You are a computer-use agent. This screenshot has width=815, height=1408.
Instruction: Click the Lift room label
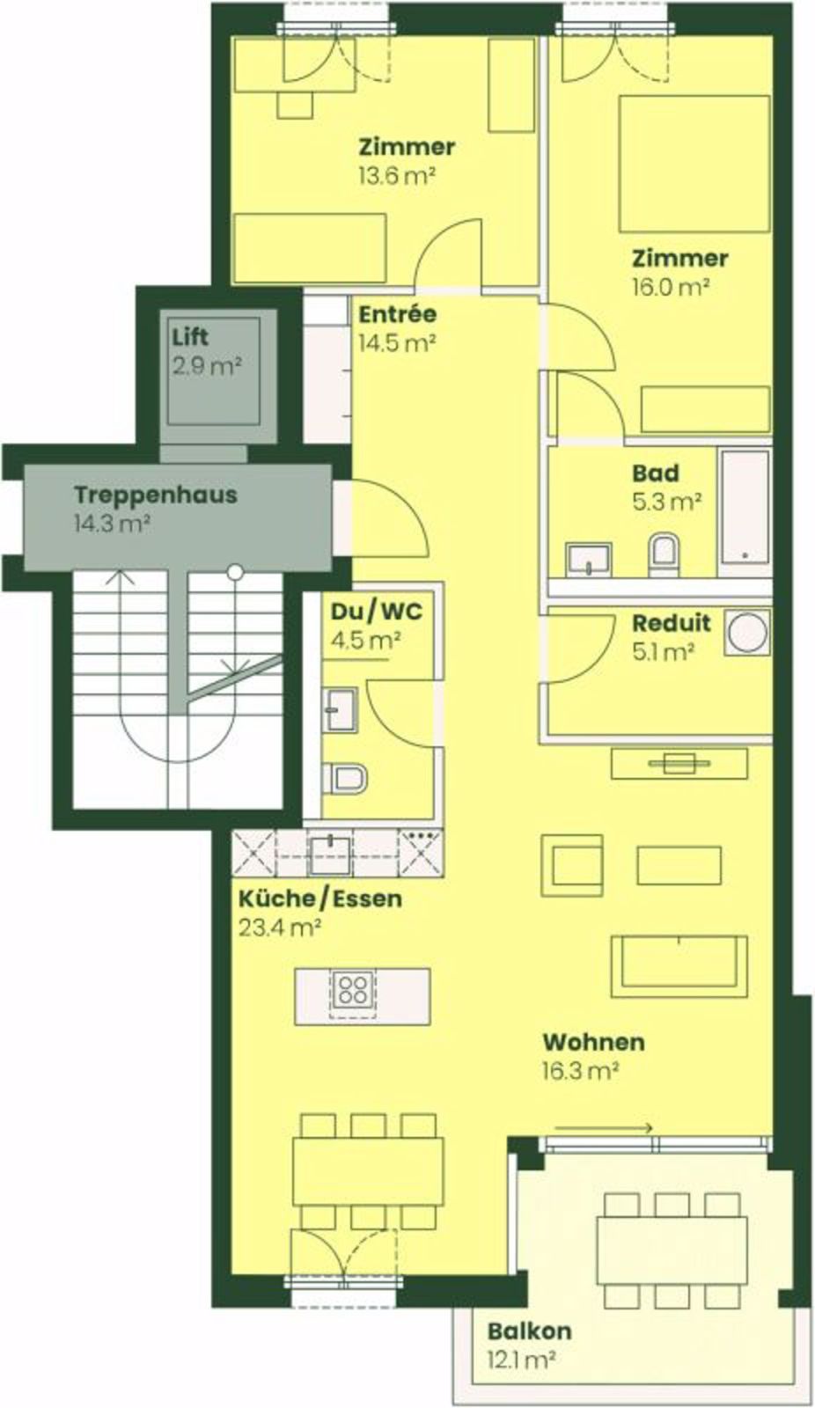pyautogui.click(x=190, y=337)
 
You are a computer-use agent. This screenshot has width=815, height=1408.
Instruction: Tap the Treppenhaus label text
pyautogui.click(x=155, y=495)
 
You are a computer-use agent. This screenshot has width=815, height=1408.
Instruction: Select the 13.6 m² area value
pyautogui.click(x=397, y=175)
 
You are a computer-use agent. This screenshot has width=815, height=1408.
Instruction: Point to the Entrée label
pyautogui.click(x=397, y=313)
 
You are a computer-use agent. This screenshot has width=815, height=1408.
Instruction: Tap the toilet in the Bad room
pyautogui.click(x=664, y=555)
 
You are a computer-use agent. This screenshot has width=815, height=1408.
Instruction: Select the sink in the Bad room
pyautogui.click(x=589, y=560)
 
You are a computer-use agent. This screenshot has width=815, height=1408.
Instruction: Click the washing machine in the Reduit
pyautogui.click(x=747, y=632)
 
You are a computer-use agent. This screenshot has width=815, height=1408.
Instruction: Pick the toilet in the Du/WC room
pyautogui.click(x=344, y=778)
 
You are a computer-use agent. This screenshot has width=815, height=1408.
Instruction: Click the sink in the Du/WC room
pyautogui.click(x=340, y=709)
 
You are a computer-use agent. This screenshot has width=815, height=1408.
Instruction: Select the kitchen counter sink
pyautogui.click(x=329, y=855)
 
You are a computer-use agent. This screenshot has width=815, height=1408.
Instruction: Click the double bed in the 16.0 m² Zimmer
pyautogui.click(x=694, y=164)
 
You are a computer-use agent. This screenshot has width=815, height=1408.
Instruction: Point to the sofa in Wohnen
pyautogui.click(x=679, y=966)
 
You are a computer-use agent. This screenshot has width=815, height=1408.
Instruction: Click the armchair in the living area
pyautogui.click(x=571, y=865)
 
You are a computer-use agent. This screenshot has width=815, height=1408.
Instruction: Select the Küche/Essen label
pyautogui.click(x=320, y=898)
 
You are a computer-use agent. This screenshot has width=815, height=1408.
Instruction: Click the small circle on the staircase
pyautogui.click(x=235, y=571)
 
